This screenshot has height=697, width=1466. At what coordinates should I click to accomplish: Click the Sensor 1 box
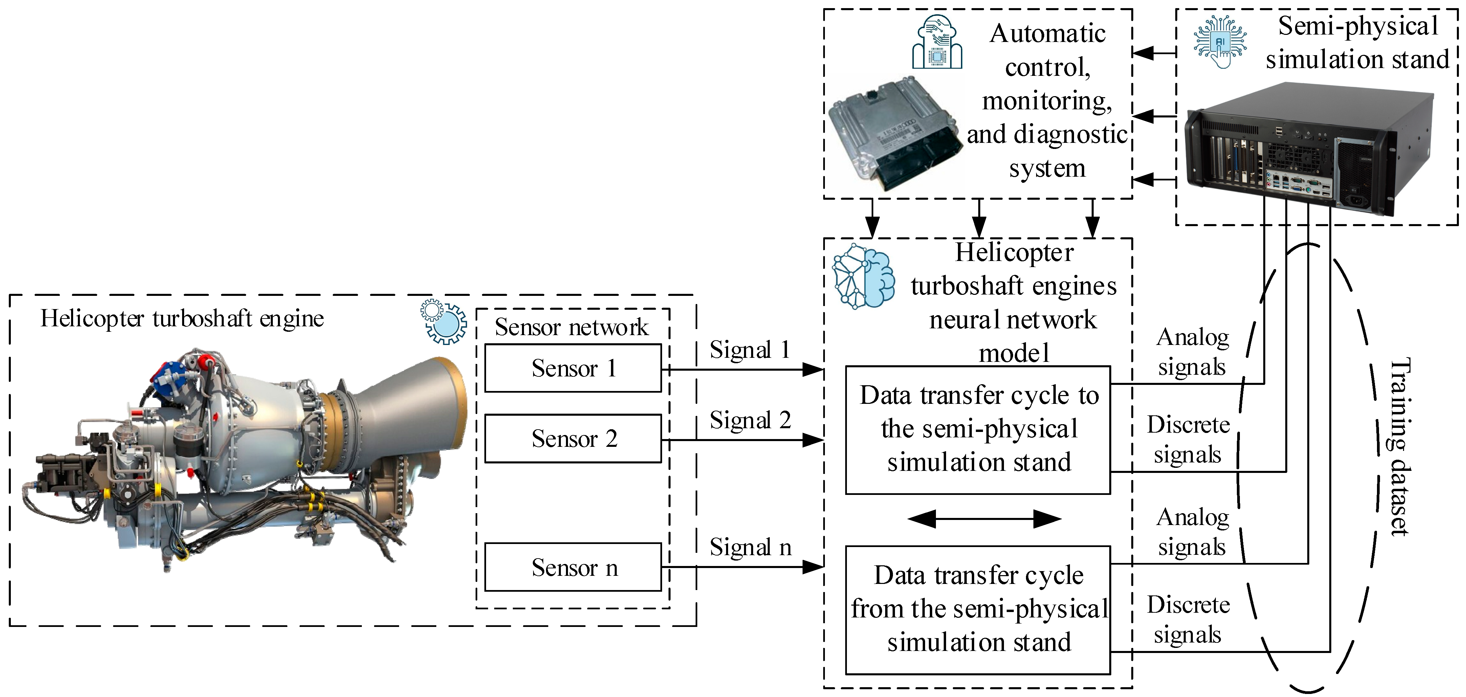pyautogui.click(x=572, y=368)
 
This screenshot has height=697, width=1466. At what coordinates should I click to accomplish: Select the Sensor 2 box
pyautogui.click(x=572, y=439)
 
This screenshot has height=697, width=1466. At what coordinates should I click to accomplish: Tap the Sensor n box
pyautogui.click(x=572, y=567)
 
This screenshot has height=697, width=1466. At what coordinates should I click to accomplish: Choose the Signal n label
pyautogui.click(x=749, y=547)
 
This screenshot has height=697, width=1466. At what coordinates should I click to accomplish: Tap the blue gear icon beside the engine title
pyautogui.click(x=443, y=322)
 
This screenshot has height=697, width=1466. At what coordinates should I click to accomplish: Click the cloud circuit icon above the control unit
pyautogui.click(x=937, y=43)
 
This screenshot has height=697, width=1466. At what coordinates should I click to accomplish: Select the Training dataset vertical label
pyautogui.click(x=1399, y=446)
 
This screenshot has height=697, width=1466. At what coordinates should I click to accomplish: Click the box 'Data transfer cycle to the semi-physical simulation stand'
pyautogui.click(x=978, y=430)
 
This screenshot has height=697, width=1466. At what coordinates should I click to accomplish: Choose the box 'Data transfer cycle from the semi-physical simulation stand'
pyautogui.click(x=978, y=609)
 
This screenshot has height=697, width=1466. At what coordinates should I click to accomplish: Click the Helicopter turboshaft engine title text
pyautogui.click(x=182, y=319)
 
